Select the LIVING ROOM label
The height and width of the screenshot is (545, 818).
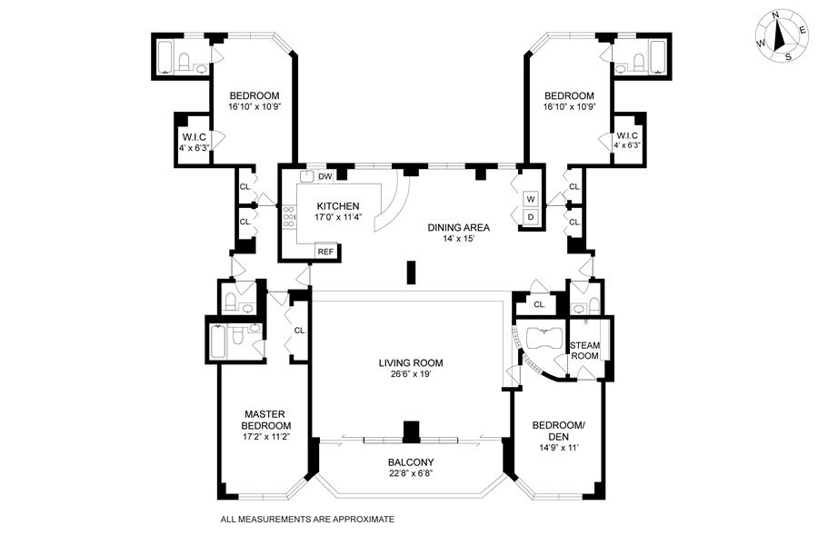pyautogui.click(x=411, y=363)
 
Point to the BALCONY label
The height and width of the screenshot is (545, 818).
pyautogui.click(x=411, y=461)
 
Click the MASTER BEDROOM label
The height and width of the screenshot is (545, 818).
pyautogui.click(x=266, y=419)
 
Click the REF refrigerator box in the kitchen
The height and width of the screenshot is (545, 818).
pyautogui.click(x=325, y=253)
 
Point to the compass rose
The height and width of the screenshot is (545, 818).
pyautogui.click(x=780, y=37)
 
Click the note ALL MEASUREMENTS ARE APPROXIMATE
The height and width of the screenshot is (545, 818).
pyautogui.click(x=308, y=520)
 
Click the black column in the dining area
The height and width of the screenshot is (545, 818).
pyautogui.click(x=412, y=272)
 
